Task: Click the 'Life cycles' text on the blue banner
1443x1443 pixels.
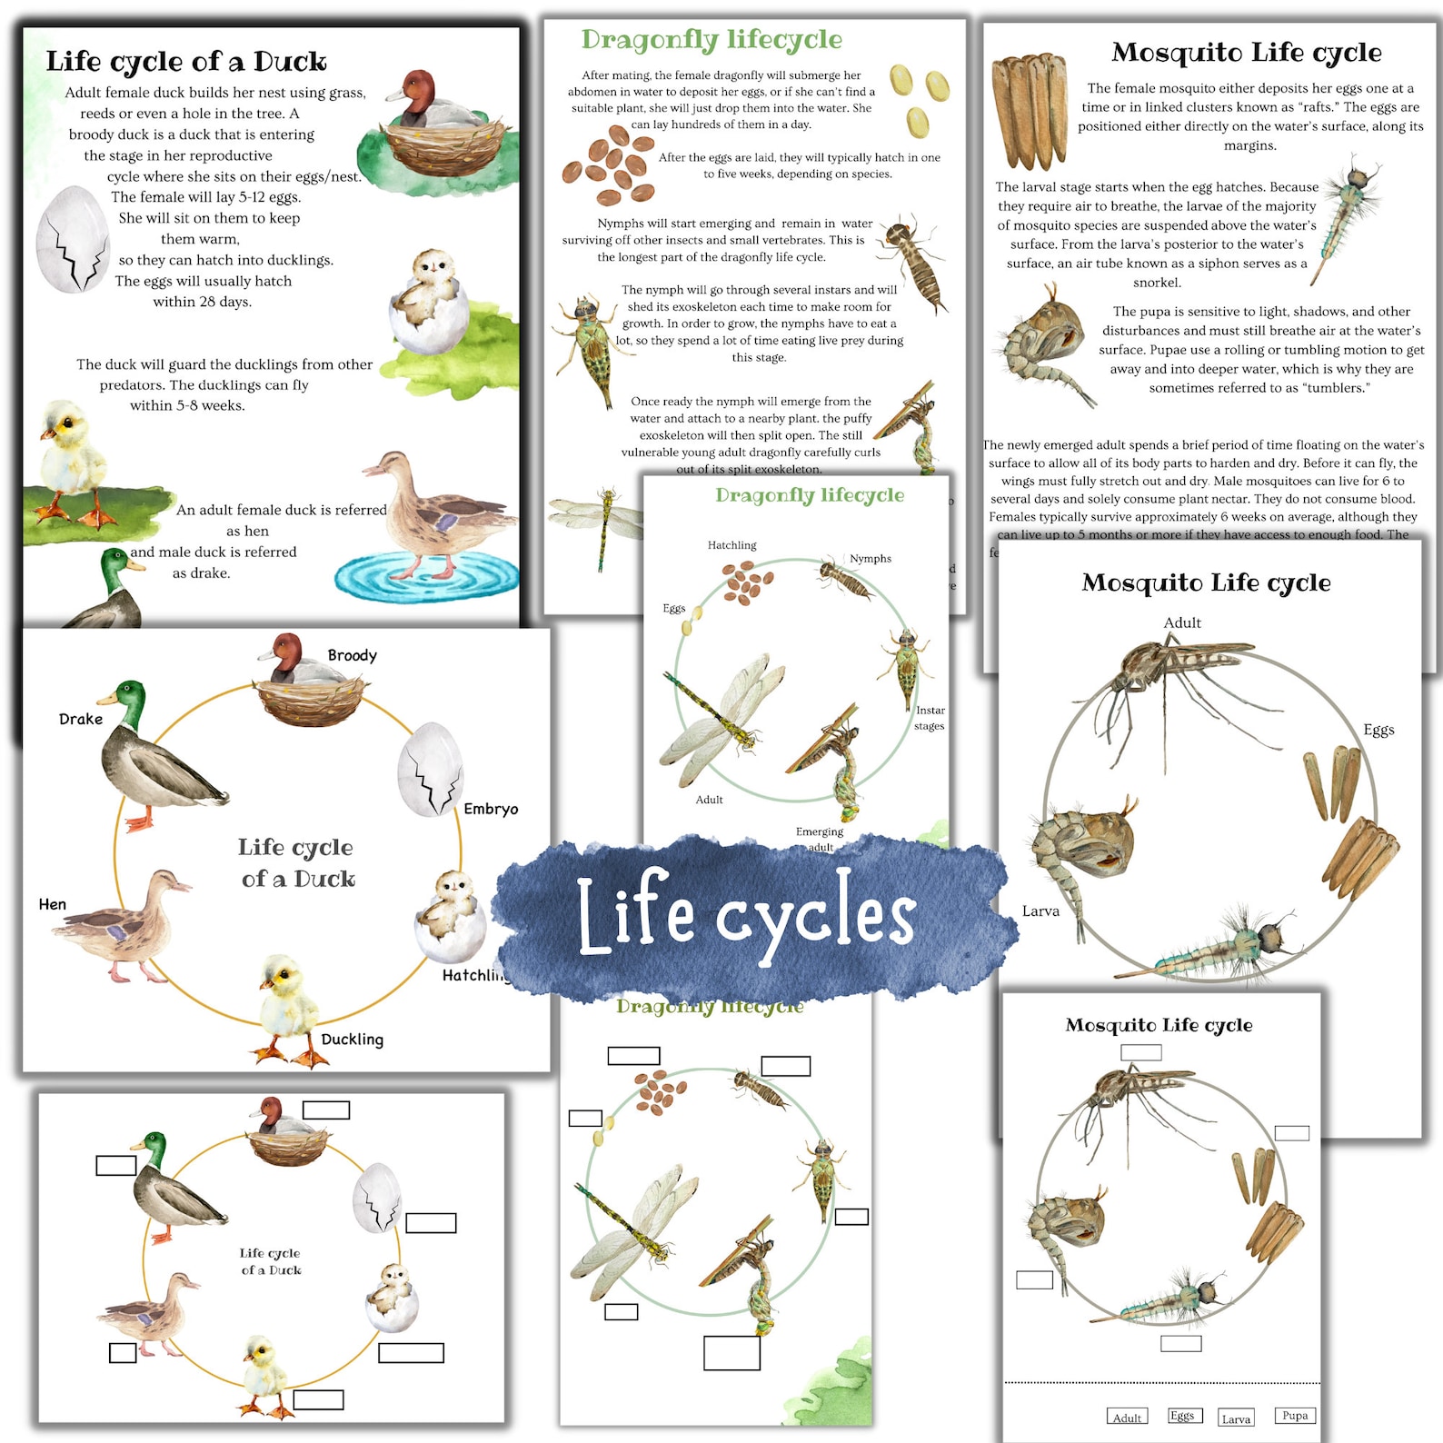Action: (747, 914)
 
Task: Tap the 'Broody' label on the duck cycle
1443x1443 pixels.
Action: (352, 655)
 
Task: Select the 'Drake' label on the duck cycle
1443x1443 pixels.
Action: (81, 719)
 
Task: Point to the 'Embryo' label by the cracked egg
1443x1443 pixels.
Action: (491, 809)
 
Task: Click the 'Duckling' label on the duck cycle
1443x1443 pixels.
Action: (352, 1040)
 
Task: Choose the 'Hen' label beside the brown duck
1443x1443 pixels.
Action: (53, 904)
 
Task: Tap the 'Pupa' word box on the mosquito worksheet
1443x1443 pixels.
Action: (1295, 1415)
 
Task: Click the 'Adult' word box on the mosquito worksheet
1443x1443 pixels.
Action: (1127, 1418)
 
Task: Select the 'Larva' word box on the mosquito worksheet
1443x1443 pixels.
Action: (1236, 1418)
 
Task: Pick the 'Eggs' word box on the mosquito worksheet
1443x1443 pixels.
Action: (1182, 1415)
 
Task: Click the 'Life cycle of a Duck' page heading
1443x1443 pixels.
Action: (186, 61)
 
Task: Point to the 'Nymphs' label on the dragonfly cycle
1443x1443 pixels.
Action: (871, 559)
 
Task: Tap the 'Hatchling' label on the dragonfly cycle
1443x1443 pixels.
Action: (731, 545)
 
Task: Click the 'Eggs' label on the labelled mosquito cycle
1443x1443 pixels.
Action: (1378, 730)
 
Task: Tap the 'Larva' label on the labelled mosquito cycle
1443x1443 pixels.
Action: (1040, 911)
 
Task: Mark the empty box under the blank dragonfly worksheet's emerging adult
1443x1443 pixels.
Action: (731, 1352)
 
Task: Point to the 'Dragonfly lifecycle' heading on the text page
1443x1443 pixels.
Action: (712, 39)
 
